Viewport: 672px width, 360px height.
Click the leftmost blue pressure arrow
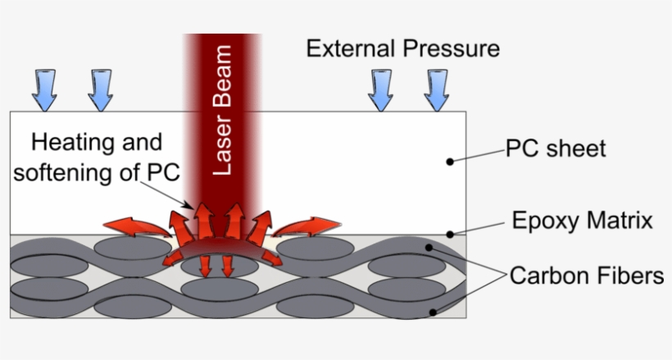44,89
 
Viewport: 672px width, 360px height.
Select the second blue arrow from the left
100,89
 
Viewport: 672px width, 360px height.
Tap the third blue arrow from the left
381,89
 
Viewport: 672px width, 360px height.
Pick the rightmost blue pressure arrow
437,89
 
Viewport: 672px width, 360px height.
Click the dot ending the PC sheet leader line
450,161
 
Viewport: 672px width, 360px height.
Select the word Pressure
452,48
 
